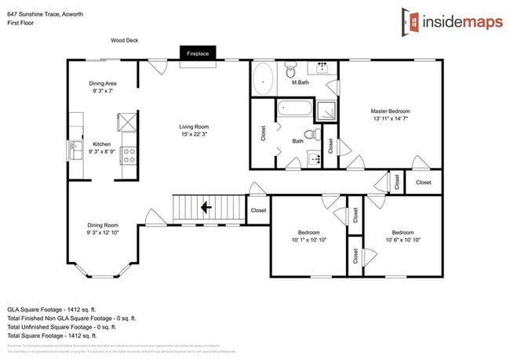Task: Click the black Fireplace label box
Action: (x=197, y=53)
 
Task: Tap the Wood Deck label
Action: (x=124, y=40)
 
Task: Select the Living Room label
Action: (x=194, y=126)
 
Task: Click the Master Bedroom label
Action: (x=391, y=111)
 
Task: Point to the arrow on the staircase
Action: (x=206, y=208)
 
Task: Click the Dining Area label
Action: (x=103, y=82)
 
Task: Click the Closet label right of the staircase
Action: (x=257, y=210)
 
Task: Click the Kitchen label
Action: (x=102, y=144)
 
